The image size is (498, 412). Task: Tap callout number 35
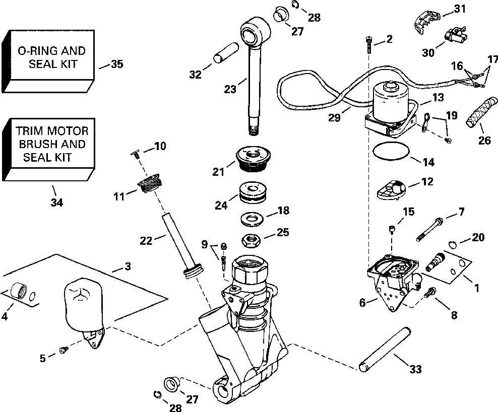(117, 64)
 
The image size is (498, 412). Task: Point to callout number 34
(57, 203)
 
